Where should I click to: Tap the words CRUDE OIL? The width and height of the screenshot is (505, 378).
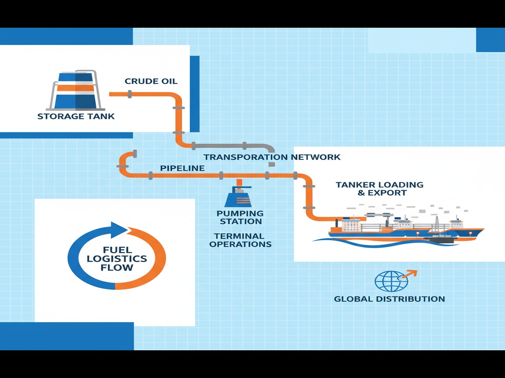tap(151, 81)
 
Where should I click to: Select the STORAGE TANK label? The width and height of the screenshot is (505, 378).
tap(76, 116)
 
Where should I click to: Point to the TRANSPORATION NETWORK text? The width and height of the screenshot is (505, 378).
tap(272, 157)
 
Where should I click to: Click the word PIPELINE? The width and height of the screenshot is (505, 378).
tap(182, 168)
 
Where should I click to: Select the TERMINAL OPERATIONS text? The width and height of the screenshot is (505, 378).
tap(240, 240)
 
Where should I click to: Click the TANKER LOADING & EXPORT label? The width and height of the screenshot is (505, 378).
tap(379, 189)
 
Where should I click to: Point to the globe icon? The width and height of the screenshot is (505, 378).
tap(391, 281)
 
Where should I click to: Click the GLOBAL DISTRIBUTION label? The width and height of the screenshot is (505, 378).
tap(389, 299)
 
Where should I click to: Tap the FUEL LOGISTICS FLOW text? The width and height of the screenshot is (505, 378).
tap(117, 258)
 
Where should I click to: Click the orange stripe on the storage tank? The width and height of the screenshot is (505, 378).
tap(75, 88)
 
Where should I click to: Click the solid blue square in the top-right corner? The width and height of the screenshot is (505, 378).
tap(490, 40)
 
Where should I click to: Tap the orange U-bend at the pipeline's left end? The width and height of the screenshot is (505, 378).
tap(123, 162)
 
